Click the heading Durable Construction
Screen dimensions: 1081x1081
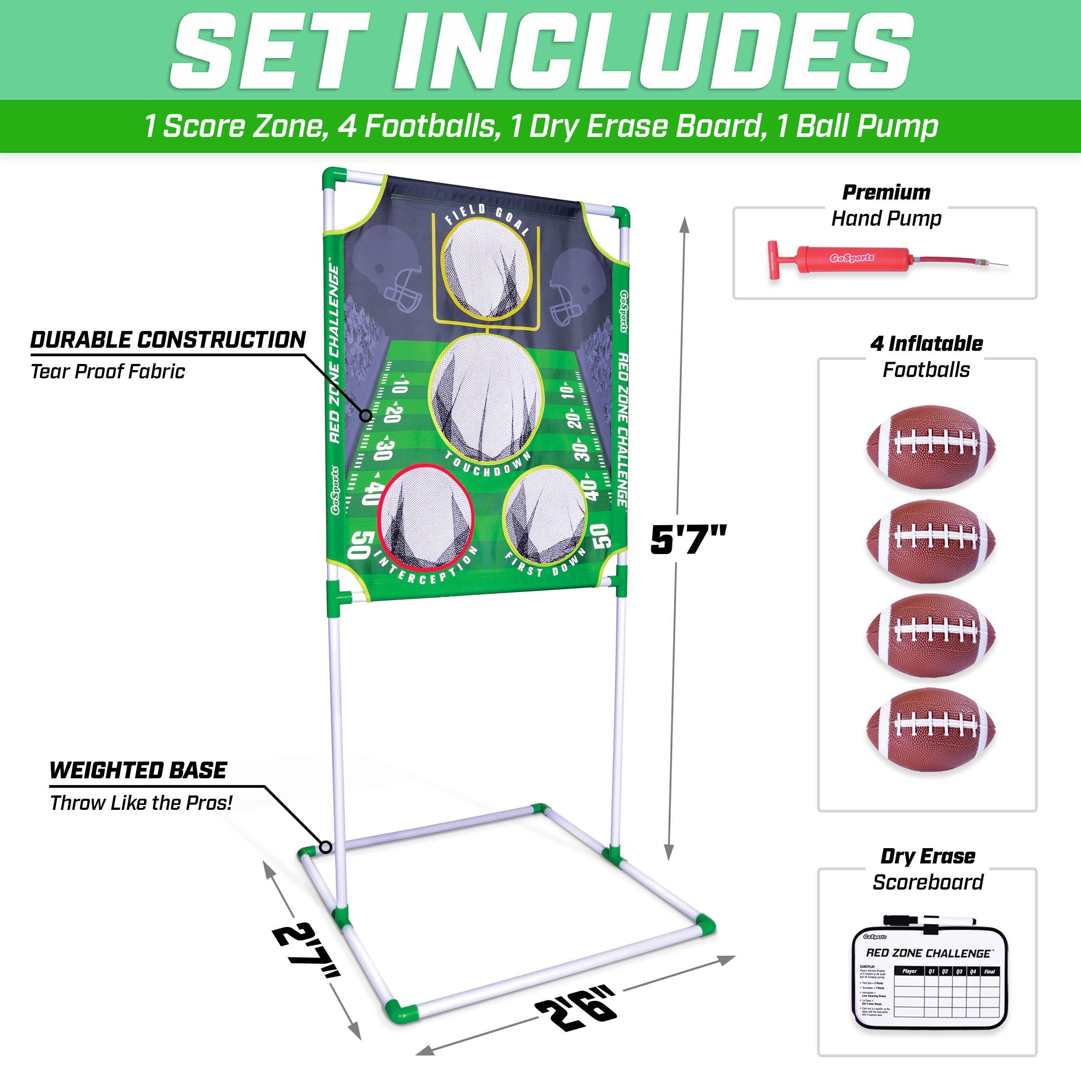(168, 340)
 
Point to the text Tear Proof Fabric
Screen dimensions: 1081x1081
(108, 372)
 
